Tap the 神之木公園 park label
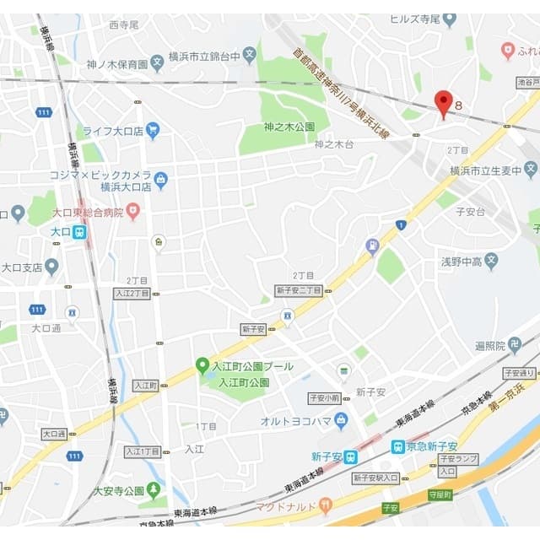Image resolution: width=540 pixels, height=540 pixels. pyautogui.click(x=289, y=127)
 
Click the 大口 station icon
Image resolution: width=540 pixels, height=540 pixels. pyautogui.click(x=79, y=231)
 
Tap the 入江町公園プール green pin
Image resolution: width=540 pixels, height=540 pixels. pyautogui.click(x=202, y=365)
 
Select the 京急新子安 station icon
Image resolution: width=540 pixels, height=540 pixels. pyautogui.click(x=397, y=446)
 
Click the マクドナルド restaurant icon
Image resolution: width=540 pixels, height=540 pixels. pyautogui.click(x=326, y=506)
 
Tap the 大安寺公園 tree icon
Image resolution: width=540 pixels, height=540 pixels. pyautogui.click(x=153, y=489)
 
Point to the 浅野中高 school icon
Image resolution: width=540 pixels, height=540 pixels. pyautogui.click(x=491, y=262)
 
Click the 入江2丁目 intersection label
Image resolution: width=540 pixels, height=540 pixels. pyautogui.click(x=132, y=294)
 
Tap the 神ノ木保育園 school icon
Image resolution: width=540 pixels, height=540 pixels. pyautogui.click(x=157, y=63)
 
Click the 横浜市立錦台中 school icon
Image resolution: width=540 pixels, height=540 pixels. pyautogui.click(x=249, y=56)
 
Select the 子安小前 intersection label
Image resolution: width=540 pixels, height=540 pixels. pyautogui.click(x=324, y=397)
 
